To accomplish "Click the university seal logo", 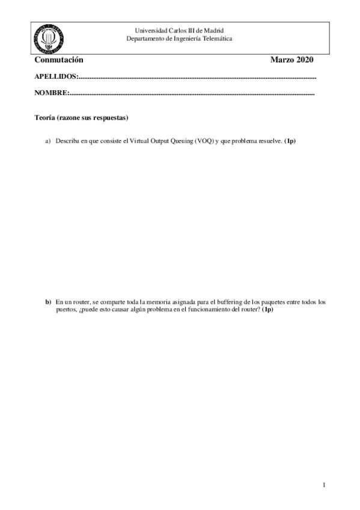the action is click(x=49, y=38).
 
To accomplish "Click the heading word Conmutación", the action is click(x=58, y=60).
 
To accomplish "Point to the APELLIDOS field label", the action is click(x=56, y=77).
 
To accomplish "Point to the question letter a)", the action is click(x=48, y=141).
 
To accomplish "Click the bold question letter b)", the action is click(x=48, y=302).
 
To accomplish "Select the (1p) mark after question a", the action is click(x=290, y=141).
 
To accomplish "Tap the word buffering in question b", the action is click(x=224, y=302).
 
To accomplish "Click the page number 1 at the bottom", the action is click(x=323, y=485).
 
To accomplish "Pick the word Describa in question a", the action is click(x=69, y=141).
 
